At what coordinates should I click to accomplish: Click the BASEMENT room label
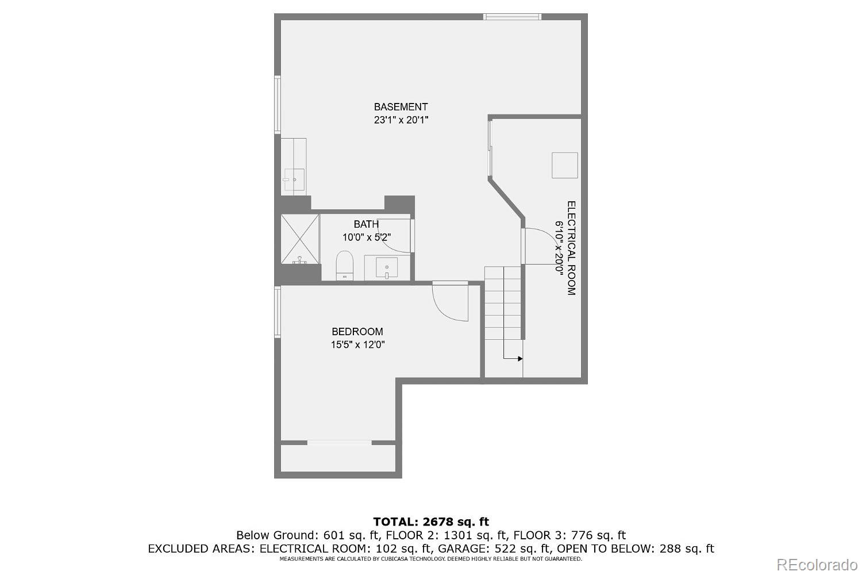click(401, 107)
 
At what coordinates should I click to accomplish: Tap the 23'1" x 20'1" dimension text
click(401, 120)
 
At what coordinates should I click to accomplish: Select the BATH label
click(366, 224)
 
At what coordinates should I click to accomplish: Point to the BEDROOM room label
click(357, 332)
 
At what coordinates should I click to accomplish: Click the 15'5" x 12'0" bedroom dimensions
click(357, 345)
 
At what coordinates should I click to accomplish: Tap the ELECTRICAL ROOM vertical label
click(571, 248)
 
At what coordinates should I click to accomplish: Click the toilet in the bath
click(344, 265)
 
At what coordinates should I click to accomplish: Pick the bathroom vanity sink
click(387, 268)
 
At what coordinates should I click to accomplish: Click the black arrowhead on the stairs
click(519, 359)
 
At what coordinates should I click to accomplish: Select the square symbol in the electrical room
click(564, 165)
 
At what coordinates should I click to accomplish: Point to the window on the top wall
click(512, 17)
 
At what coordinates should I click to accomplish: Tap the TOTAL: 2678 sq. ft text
click(431, 522)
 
